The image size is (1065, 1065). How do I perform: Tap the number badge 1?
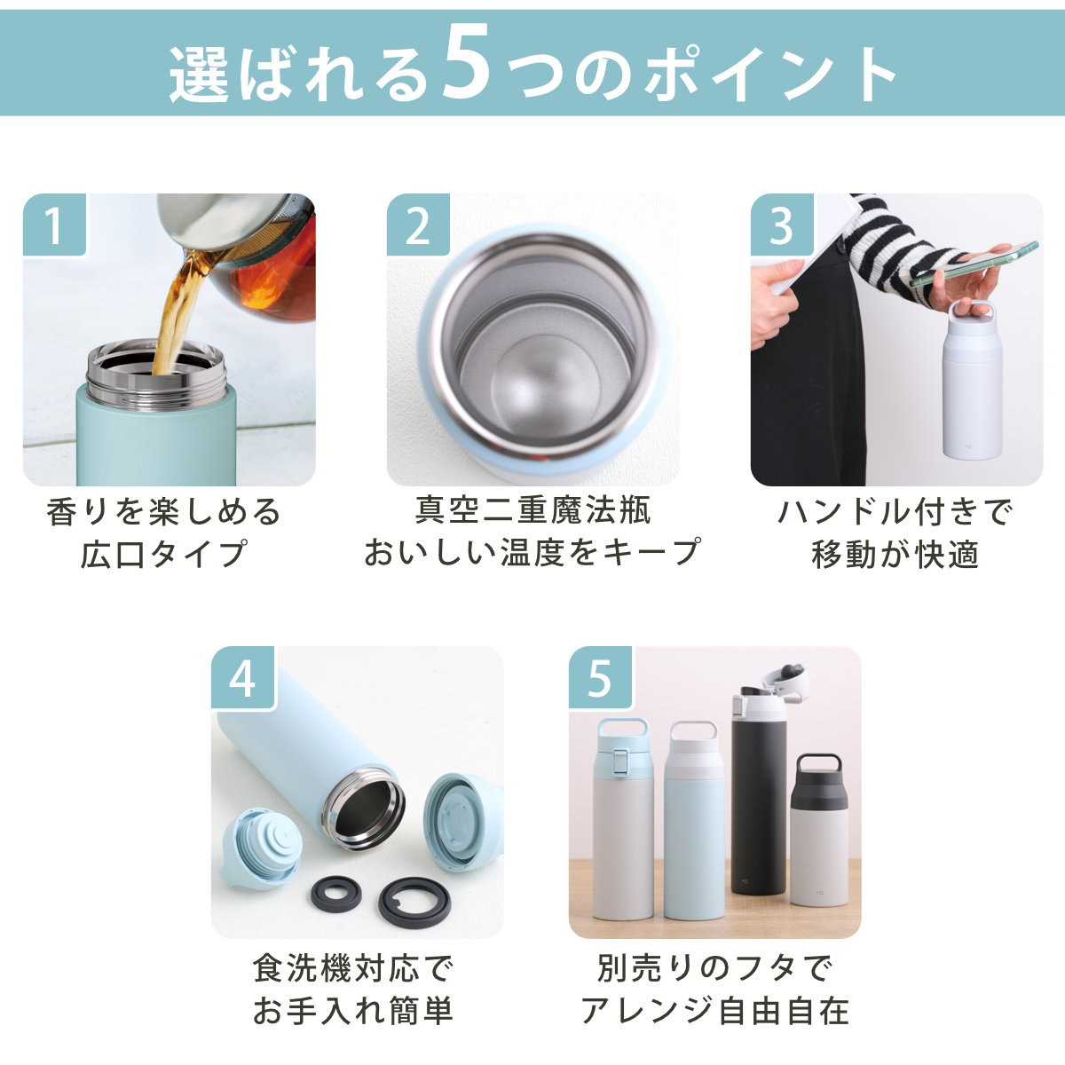click(55, 225)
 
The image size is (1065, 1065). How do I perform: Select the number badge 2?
click(418, 225)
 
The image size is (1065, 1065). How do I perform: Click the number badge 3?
click(782, 225)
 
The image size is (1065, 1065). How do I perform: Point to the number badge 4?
click(243, 678)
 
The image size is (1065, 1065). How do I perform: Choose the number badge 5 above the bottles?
click(601, 678)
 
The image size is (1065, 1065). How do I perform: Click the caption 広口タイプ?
click(162, 553)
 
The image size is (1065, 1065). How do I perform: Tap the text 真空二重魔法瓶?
click(532, 510)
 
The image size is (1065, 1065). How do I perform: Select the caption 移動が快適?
click(895, 553)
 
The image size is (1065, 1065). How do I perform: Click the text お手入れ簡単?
click(354, 1010)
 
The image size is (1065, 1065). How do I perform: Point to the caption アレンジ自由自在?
click(714, 1010)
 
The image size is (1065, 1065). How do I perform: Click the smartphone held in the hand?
click(974, 264)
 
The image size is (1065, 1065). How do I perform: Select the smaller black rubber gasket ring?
click(336, 895)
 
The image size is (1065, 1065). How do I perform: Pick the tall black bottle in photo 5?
click(758, 791)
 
